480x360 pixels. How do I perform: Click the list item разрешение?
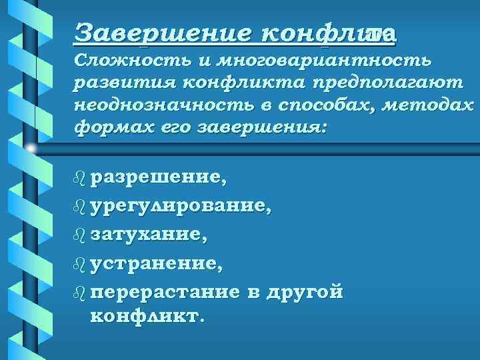point(159,178)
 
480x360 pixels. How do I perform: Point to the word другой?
point(305,292)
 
